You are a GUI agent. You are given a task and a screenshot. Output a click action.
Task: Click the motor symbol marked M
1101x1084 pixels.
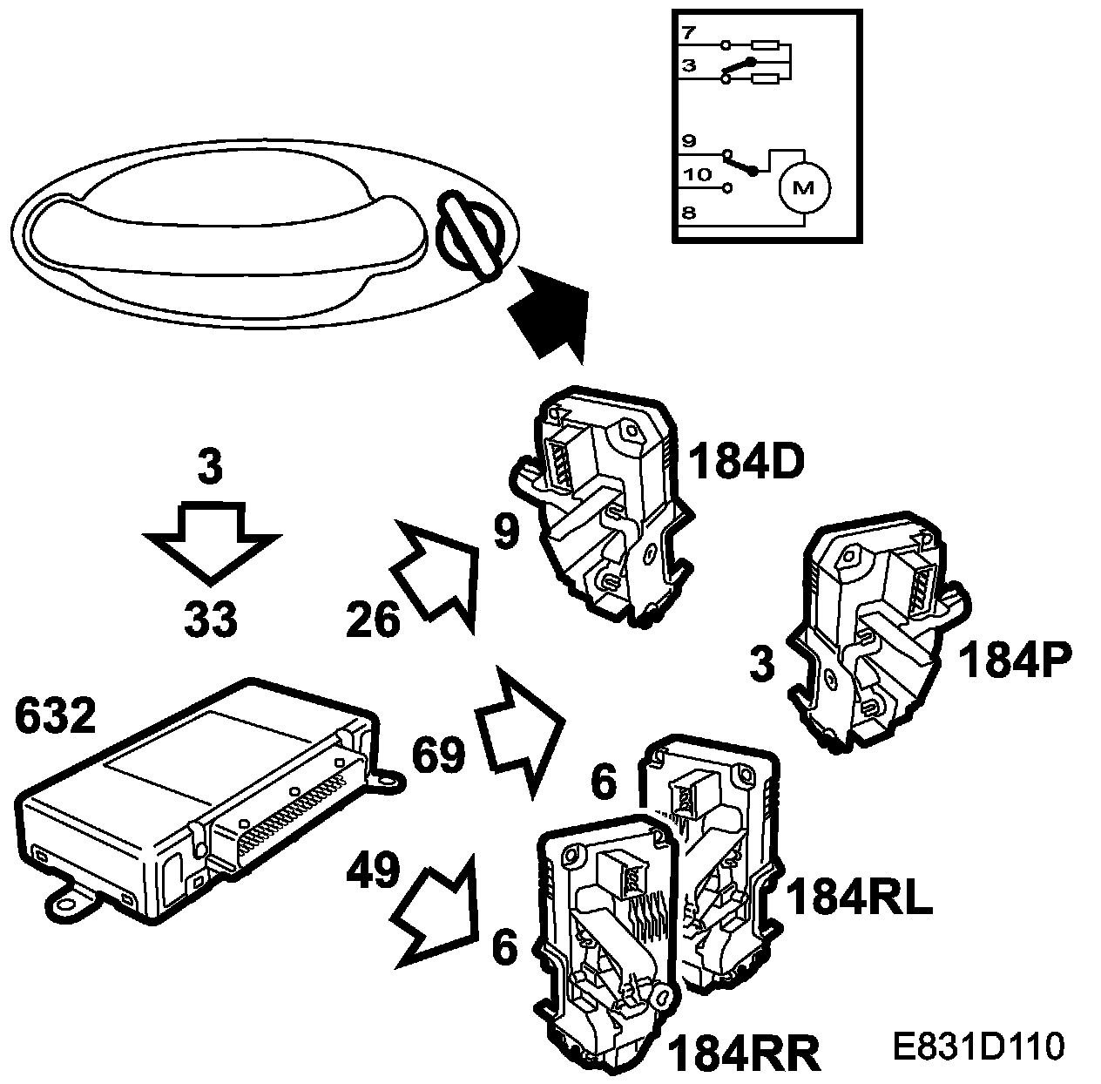802,187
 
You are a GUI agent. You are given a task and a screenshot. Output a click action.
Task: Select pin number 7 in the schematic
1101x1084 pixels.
688,34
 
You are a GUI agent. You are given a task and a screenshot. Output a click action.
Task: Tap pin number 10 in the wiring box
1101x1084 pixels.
697,174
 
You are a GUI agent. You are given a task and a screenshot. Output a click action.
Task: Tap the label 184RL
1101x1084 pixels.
859,898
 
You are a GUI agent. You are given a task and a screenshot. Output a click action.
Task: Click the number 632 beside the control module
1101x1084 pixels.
55,718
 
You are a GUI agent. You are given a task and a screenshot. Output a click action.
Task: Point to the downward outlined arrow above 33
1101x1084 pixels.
211,540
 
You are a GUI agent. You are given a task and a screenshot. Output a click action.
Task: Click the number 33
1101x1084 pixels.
211,620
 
